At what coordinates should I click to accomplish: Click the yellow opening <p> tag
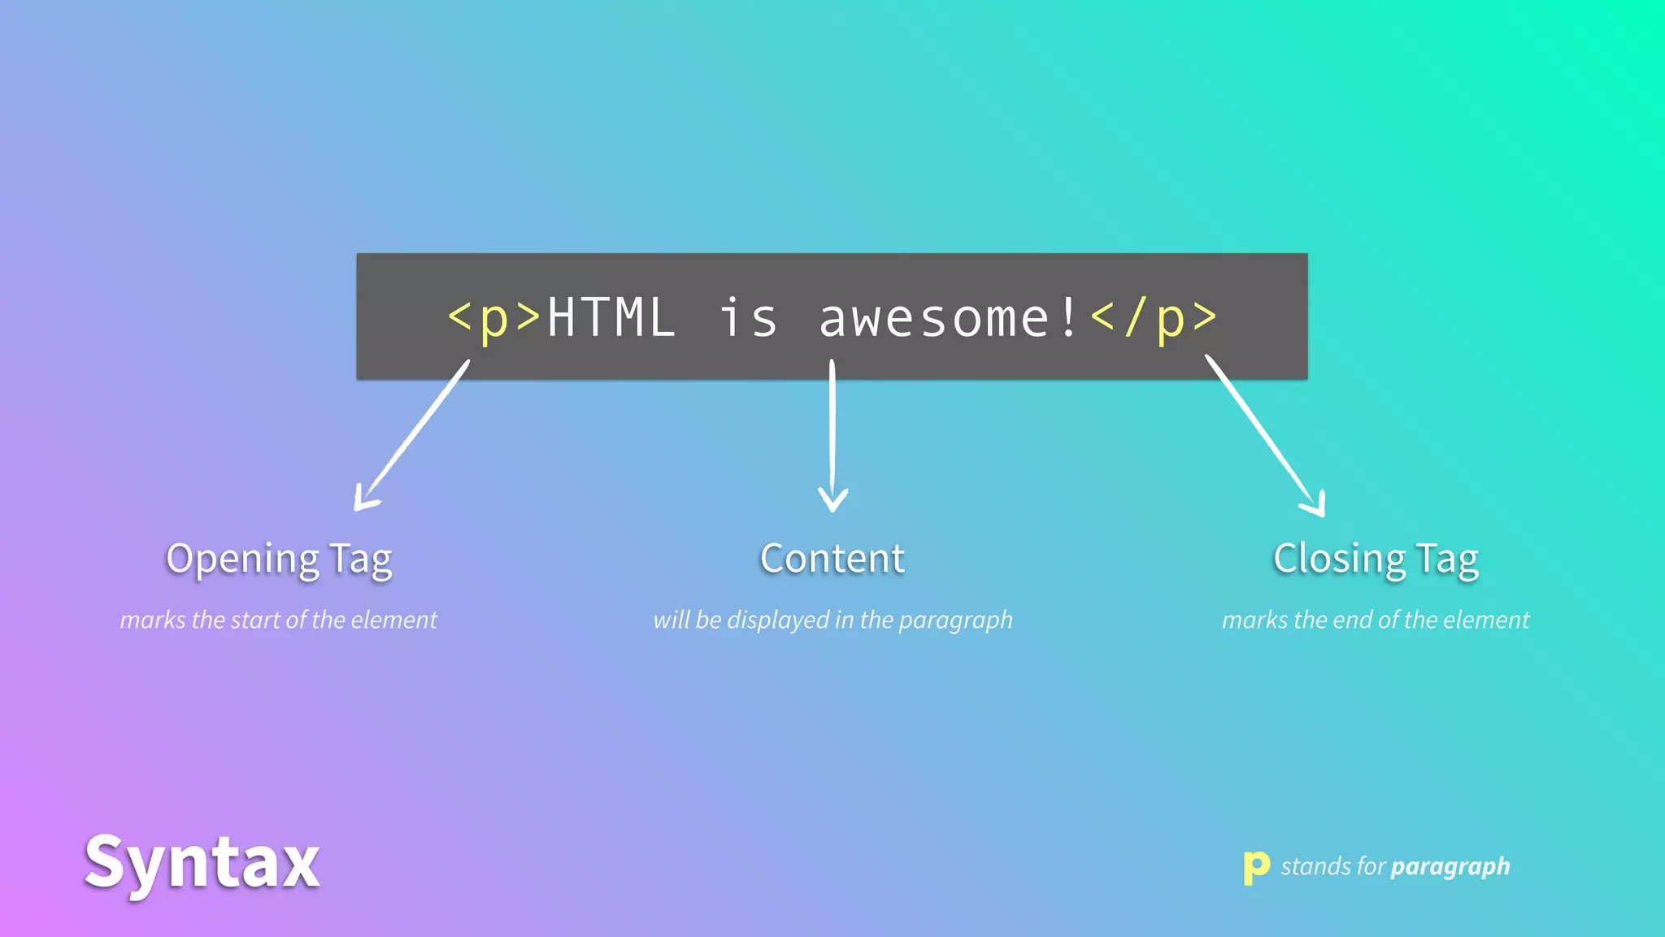(x=494, y=318)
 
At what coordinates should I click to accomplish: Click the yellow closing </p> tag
(x=1154, y=318)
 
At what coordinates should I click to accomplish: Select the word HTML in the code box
(x=611, y=318)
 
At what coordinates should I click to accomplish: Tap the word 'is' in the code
(x=748, y=318)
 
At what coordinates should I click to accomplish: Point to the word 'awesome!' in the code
(x=949, y=318)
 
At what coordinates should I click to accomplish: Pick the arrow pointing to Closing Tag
(x=1264, y=435)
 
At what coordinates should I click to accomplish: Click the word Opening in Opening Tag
(x=242, y=560)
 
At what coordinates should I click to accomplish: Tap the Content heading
(x=832, y=559)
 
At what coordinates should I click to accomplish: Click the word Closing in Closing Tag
(x=1339, y=560)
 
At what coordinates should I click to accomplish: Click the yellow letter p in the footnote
(x=1256, y=867)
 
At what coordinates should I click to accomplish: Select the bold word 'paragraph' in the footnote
(x=1450, y=867)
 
